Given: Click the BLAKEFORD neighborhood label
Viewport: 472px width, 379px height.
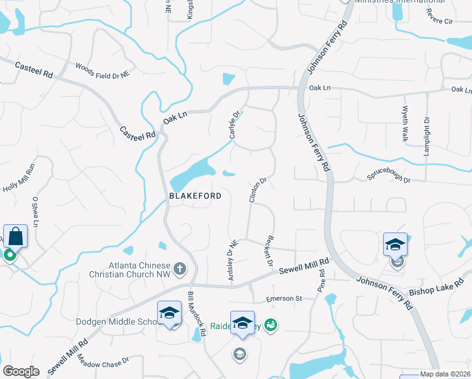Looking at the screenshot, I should (x=195, y=196).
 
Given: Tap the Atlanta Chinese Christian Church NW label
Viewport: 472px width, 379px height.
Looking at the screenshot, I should (x=132, y=270).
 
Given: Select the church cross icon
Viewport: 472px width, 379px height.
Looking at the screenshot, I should (x=180, y=269).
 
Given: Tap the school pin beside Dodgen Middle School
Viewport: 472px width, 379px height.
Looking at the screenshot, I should (x=169, y=313).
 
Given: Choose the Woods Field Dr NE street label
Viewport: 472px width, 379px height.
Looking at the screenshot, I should (x=102, y=70).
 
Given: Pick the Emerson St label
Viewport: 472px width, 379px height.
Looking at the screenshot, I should (x=285, y=299).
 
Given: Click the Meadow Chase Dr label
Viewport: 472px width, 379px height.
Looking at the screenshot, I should (x=103, y=364).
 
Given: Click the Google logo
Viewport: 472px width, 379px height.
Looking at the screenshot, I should (x=21, y=371).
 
